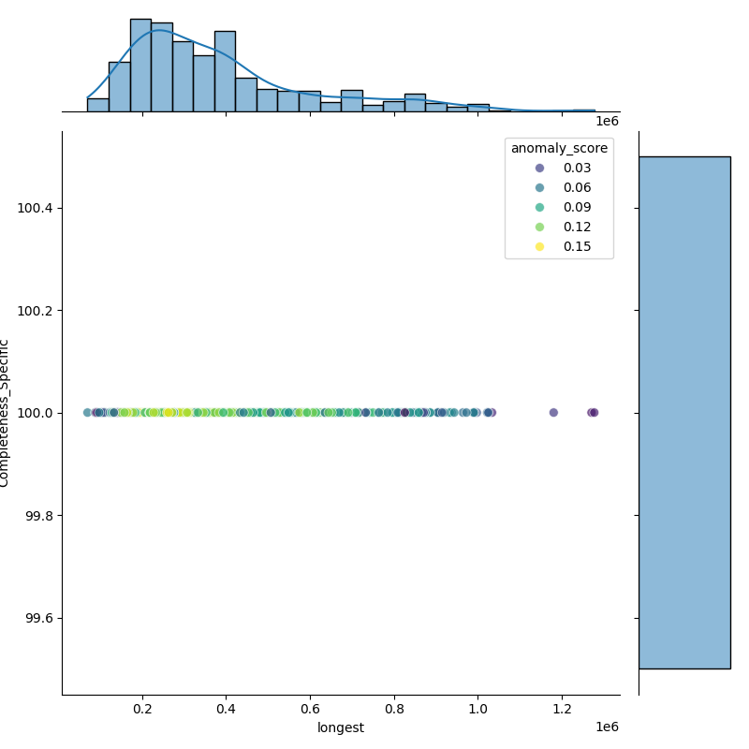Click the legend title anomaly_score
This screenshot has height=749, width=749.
click(x=559, y=148)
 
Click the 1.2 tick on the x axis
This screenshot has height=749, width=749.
click(x=562, y=710)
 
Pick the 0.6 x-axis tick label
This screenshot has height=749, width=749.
click(x=310, y=710)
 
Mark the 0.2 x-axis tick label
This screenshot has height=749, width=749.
click(x=142, y=710)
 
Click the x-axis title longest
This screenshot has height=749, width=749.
click(x=341, y=727)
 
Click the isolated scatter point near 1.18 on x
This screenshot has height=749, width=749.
click(x=553, y=413)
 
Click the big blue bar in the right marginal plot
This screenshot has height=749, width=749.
click(x=683, y=412)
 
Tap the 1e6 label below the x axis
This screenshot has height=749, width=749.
click(x=607, y=727)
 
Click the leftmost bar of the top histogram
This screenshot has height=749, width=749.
click(x=98, y=105)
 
